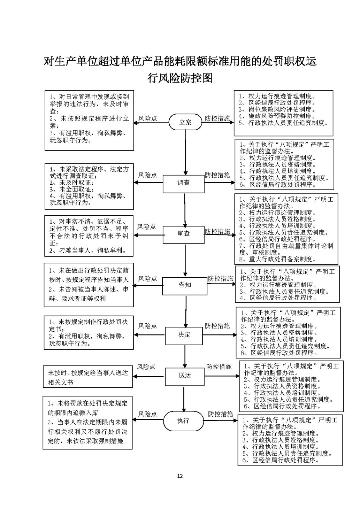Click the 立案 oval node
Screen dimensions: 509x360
click(185, 122)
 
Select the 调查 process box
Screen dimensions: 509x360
click(184, 183)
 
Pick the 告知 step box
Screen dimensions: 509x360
click(185, 285)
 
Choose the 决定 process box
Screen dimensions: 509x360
click(184, 335)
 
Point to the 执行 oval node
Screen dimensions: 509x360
click(183, 421)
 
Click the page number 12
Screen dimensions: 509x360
click(180, 476)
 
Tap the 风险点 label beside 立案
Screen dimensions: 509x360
click(147, 119)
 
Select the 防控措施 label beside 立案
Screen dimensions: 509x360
click(217, 119)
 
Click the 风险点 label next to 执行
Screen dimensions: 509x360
click(147, 414)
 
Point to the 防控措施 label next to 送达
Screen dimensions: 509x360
click(219, 367)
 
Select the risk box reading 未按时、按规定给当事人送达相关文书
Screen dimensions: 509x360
click(88, 377)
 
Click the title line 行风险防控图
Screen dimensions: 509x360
click(180, 78)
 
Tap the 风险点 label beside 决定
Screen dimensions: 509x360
click(147, 326)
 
